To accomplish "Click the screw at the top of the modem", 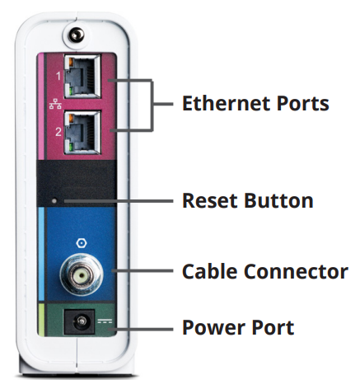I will (x=77, y=35).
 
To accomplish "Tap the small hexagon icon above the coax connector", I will (x=80, y=243).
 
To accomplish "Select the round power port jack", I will (x=82, y=324).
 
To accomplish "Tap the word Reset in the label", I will (x=208, y=200).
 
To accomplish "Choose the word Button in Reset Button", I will (x=275, y=200).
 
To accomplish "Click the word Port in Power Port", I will (x=270, y=327).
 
